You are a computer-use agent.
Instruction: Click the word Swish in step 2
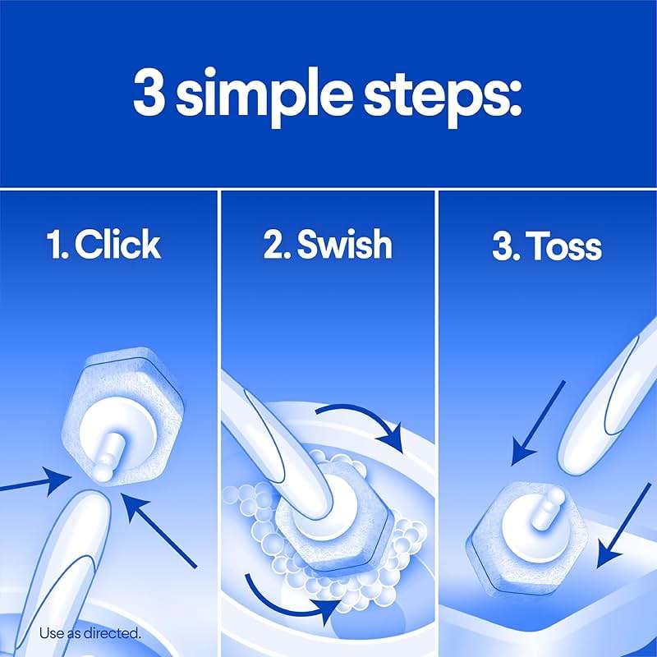(x=345, y=245)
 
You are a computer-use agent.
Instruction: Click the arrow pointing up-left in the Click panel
(x=164, y=530)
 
